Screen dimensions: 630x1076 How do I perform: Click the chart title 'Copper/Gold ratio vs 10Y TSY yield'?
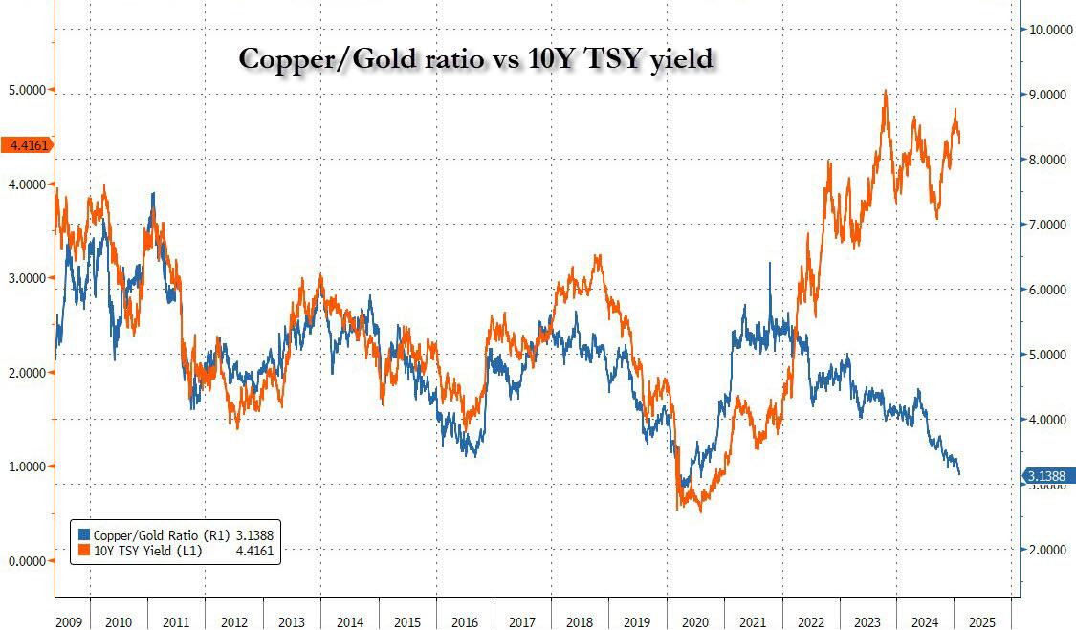[475, 58]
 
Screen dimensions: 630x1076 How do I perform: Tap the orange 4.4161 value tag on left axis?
[26, 145]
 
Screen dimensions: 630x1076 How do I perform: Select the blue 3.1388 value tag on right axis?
[1048, 476]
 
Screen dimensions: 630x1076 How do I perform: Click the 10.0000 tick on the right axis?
[1048, 30]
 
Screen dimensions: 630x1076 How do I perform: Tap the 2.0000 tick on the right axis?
[1048, 550]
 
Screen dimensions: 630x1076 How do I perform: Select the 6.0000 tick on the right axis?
[1048, 290]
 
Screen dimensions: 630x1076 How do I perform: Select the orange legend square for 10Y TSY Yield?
[84, 551]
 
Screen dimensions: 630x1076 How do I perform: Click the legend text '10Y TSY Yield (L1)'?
[141, 551]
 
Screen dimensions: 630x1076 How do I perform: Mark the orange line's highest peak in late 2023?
[886, 91]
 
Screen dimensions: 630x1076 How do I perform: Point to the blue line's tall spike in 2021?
[769, 264]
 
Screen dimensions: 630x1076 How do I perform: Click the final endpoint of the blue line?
[959, 473]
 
